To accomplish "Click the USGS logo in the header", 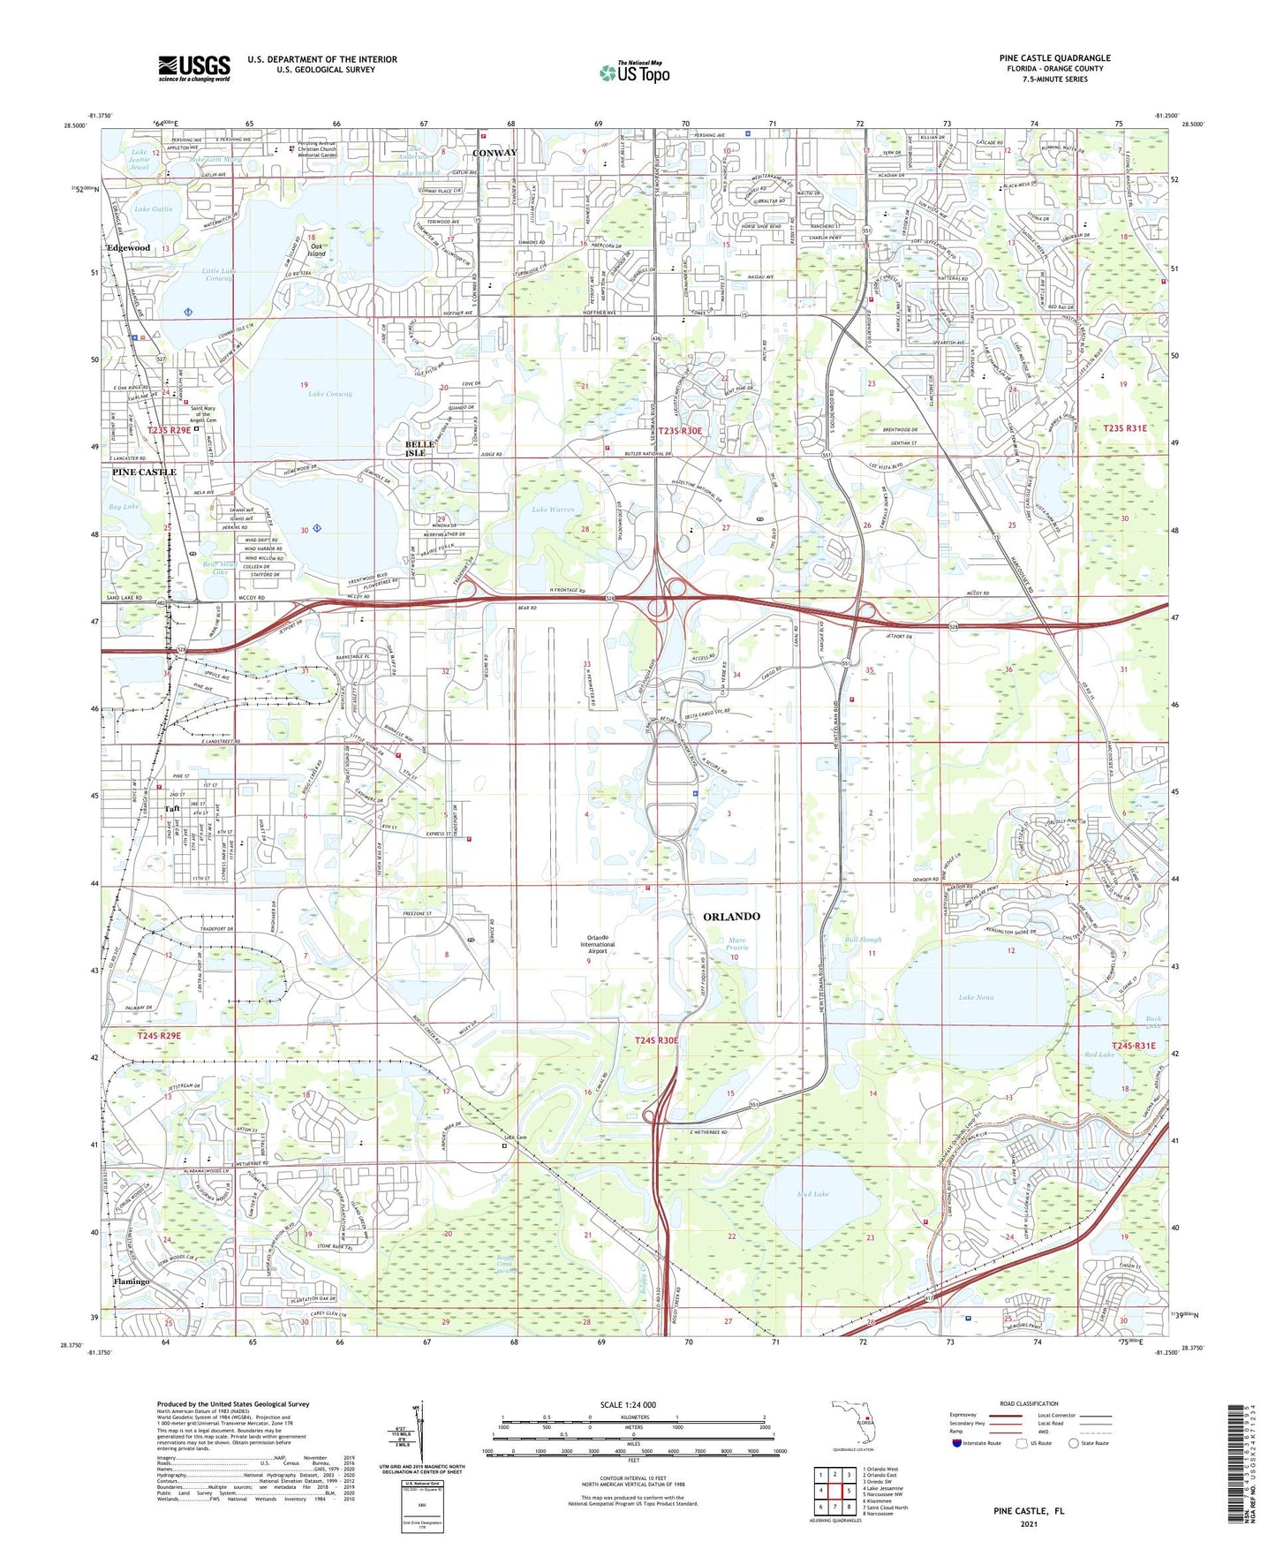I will [194, 68].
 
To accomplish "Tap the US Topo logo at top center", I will [634, 72].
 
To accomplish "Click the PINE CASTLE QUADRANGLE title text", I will [1054, 58].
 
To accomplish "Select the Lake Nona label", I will [977, 997].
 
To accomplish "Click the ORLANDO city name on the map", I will [731, 917].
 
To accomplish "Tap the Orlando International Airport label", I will [598, 944].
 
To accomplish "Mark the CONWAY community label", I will [495, 153].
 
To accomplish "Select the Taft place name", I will [172, 808].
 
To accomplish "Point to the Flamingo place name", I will [131, 1281].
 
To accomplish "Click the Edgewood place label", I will [129, 248].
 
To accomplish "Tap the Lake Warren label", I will [553, 510].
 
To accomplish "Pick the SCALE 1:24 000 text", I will [628, 1404].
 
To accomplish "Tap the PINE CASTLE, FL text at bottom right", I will [1029, 1511].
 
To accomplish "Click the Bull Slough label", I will [863, 940].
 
